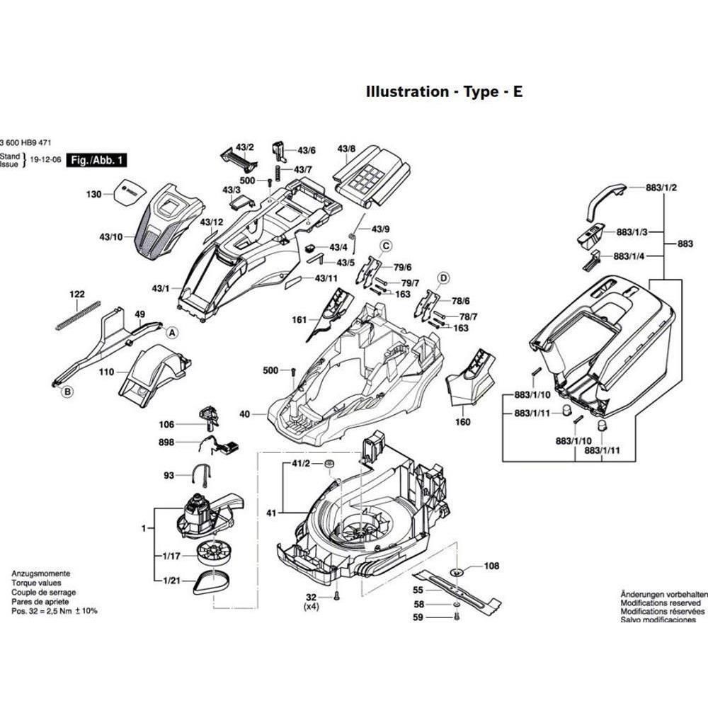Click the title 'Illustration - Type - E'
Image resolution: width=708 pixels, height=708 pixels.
tap(444, 92)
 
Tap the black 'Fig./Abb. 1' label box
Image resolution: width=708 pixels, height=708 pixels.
tap(96, 161)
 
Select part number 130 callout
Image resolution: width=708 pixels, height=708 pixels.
tap(94, 195)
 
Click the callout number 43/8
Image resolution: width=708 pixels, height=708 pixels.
tap(346, 149)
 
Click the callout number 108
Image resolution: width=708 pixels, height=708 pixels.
tap(491, 566)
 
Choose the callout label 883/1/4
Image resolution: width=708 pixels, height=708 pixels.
tap(629, 256)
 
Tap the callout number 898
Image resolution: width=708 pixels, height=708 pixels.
tap(166, 442)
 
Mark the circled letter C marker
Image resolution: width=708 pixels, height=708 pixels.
tap(386, 246)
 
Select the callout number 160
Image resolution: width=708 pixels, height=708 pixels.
tap(462, 423)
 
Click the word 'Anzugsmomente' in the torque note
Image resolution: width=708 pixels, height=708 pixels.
tap(40, 573)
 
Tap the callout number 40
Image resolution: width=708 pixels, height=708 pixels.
tap(245, 413)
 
